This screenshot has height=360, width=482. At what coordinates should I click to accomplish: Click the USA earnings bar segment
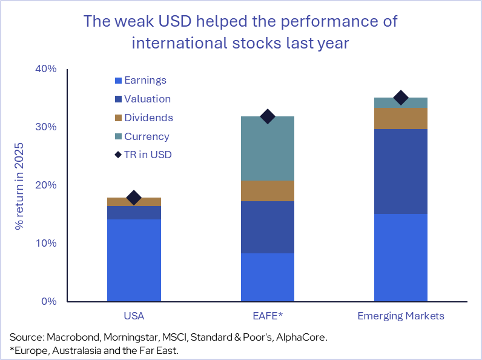[x=134, y=260]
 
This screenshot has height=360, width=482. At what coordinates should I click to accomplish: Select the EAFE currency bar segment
[x=267, y=148]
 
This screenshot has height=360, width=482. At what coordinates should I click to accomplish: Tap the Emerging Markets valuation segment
[x=400, y=172]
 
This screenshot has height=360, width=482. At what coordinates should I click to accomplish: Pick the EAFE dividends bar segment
[x=267, y=191]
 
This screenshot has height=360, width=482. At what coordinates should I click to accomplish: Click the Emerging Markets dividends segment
[x=400, y=118]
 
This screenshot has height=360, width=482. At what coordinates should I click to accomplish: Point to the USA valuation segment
[x=134, y=213]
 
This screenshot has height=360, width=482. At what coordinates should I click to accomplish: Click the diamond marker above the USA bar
[x=134, y=198]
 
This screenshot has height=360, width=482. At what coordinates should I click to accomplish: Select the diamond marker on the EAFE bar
[x=267, y=116]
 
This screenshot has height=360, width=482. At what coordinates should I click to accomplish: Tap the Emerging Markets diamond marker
[x=400, y=98]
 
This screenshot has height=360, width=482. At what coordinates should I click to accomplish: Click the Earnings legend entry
[x=145, y=80]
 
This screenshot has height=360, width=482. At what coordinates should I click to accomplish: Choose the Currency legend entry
[x=146, y=136]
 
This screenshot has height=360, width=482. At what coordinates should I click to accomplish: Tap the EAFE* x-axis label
[x=267, y=316]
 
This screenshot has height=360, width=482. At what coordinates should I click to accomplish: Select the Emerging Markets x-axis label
[x=400, y=316]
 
